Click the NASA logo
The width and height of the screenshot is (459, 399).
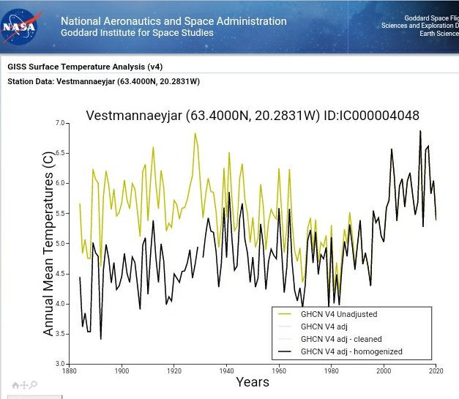[x=23, y=26]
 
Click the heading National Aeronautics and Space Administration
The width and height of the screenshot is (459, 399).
[x=173, y=21]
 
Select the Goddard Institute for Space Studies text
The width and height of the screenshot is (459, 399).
[x=137, y=33]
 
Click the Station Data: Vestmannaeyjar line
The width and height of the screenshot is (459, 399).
[x=103, y=81]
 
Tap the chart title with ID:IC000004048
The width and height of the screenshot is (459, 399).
[x=253, y=116]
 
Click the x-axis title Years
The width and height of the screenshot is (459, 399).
[x=253, y=381]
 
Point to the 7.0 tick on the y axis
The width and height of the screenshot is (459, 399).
[x=61, y=123]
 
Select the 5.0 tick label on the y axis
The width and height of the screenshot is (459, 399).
[x=61, y=243]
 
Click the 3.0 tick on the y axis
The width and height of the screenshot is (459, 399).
[x=61, y=364]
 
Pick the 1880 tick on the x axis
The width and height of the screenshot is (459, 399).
[x=69, y=370]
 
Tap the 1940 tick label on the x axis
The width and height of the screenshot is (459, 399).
[x=226, y=370]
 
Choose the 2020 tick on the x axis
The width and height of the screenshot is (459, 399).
[x=436, y=370]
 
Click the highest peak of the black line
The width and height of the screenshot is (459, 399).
[x=420, y=131]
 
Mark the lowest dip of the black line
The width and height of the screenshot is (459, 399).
[x=101, y=338]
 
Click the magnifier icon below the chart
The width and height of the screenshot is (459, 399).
[x=34, y=385]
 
